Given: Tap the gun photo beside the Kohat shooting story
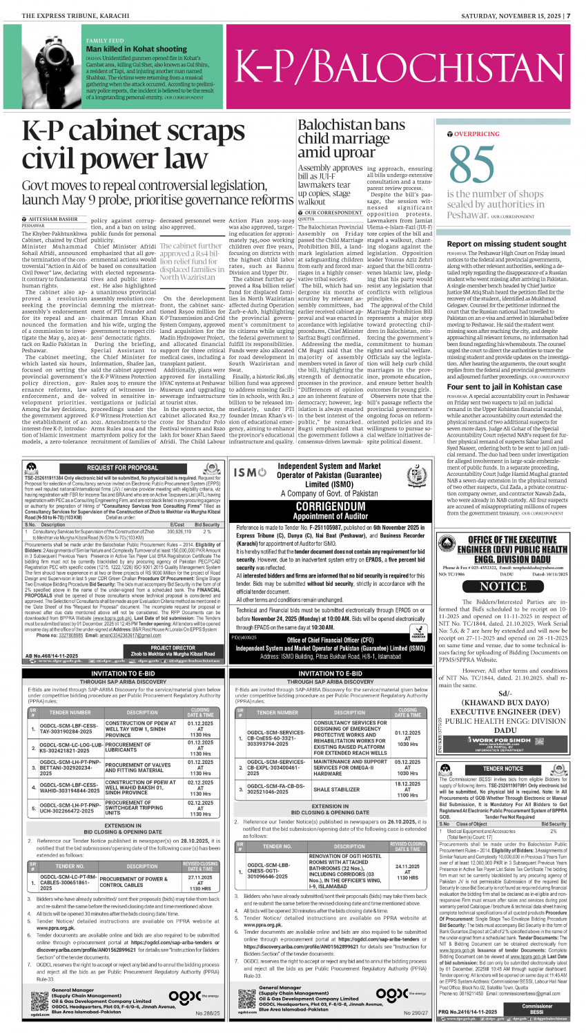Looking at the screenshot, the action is pyautogui.click(x=50, y=68).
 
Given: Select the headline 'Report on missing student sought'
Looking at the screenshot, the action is pyautogui.click(x=507, y=244).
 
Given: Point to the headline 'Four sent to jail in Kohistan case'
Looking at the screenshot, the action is pyautogui.click(x=505, y=387).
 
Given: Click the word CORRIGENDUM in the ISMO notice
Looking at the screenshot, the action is pyautogui.click(x=330, y=506).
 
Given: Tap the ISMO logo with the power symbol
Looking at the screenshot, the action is pyautogui.click(x=250, y=472).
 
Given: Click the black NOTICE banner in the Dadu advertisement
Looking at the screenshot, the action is pyautogui.click(x=502, y=586).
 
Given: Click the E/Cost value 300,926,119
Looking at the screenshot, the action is pyautogui.click(x=179, y=531).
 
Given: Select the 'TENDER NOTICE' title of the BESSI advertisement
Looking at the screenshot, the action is pyautogui.click(x=503, y=768).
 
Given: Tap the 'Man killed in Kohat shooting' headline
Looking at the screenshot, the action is pyautogui.click(x=136, y=49).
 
